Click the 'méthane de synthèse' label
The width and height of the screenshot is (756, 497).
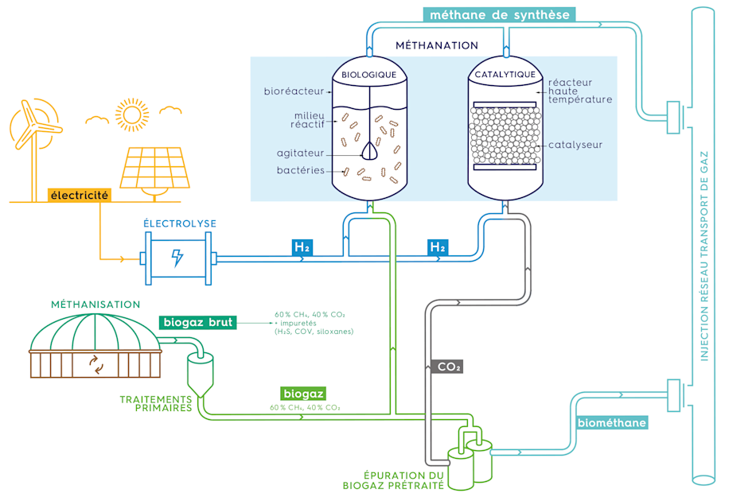tap(498, 14)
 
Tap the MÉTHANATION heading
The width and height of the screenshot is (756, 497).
tap(437, 45)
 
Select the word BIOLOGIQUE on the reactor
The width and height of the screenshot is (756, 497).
tap(369, 75)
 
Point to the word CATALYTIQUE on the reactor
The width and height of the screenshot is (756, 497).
tap(505, 75)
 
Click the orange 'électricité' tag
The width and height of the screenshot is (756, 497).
tap(79, 195)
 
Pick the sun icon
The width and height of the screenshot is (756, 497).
tap(131, 114)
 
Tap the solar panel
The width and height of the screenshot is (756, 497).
tap(154, 167)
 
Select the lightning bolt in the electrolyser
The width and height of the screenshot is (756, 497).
tap(177, 258)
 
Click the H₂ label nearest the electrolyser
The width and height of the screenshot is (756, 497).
tap(302, 247)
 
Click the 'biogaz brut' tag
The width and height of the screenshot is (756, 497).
tap(197, 322)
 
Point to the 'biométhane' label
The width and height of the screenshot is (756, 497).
tap(611, 422)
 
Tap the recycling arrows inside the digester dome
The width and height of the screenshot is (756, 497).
tap(96, 365)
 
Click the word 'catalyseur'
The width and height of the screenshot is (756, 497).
tap(575, 145)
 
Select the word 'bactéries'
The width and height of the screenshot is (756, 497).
tap(300, 170)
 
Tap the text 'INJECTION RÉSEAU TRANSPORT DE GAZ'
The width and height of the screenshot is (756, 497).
tap(704, 254)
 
